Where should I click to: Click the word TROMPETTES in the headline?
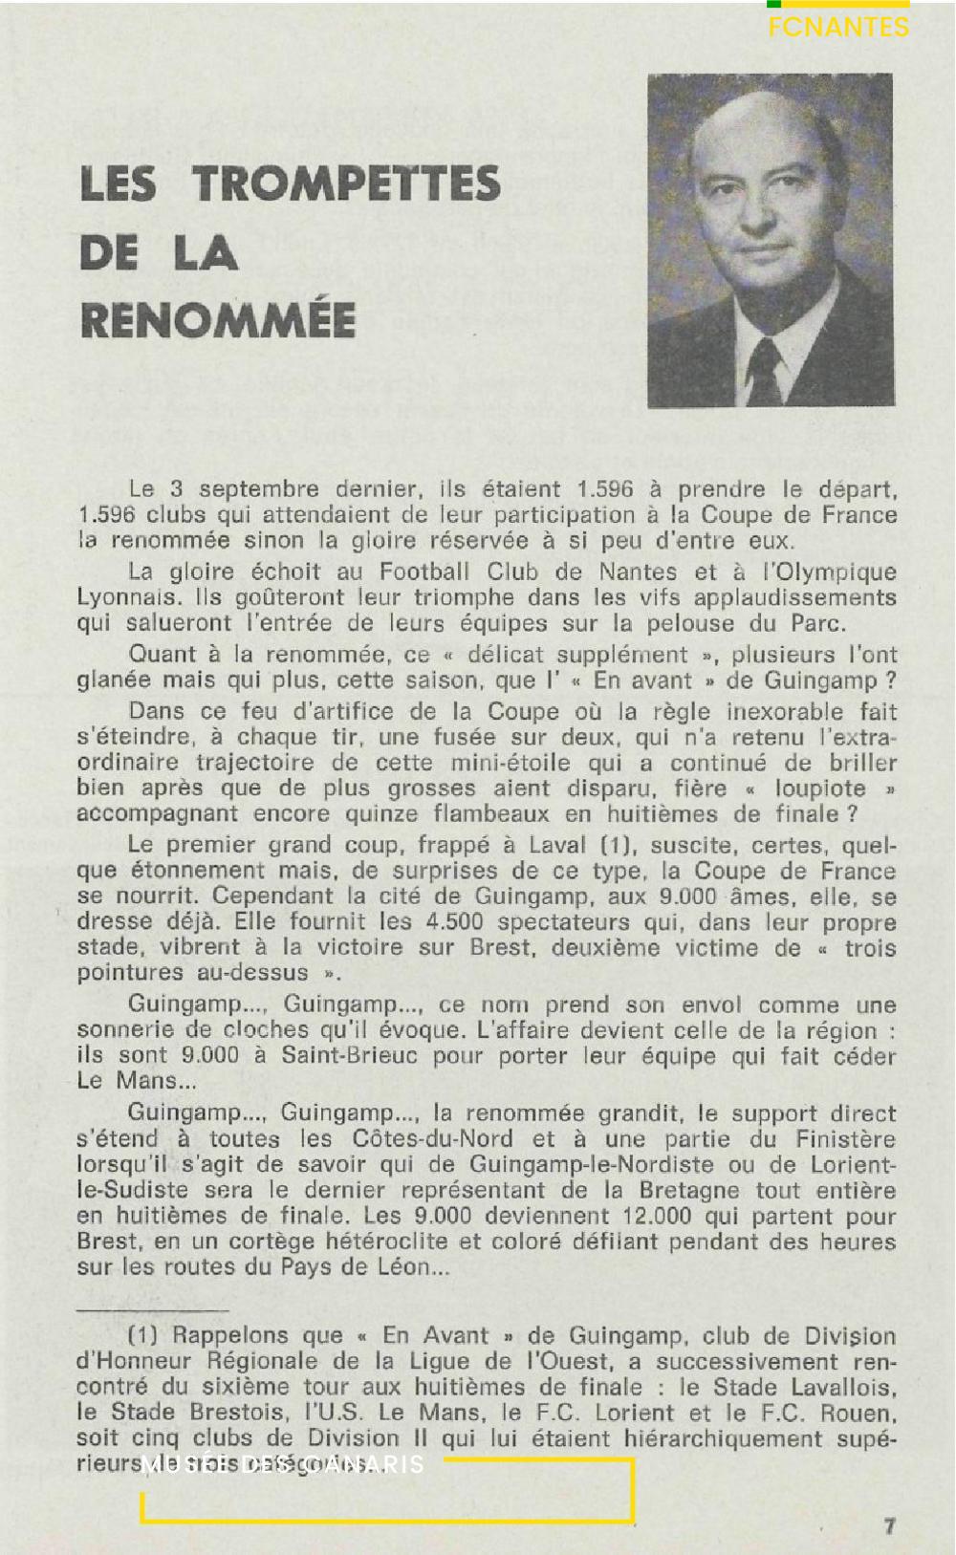click(x=347, y=184)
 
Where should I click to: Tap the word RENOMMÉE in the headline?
click(x=218, y=319)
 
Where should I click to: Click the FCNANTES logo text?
click(x=838, y=27)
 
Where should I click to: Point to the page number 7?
click(x=889, y=1525)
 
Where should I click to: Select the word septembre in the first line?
click(x=259, y=489)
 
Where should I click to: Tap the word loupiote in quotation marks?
click(x=819, y=788)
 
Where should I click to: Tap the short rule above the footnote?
click(x=153, y=1309)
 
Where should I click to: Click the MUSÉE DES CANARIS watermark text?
click(x=283, y=1465)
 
